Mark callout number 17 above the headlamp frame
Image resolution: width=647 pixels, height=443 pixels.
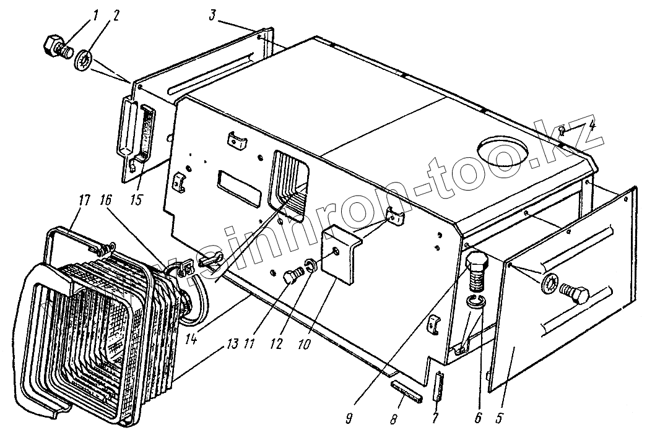(85, 200)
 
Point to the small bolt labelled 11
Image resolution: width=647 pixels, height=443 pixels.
(290, 277)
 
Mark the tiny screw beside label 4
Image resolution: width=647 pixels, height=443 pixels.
(560, 130)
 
